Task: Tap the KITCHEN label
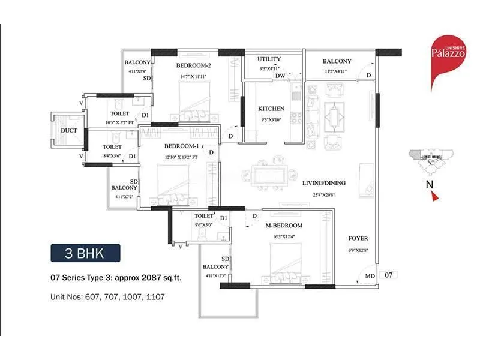pos(271,109)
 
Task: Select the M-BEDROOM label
pos(284,226)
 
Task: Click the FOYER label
pos(358,238)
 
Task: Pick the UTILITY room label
pos(269,59)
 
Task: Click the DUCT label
pos(68,130)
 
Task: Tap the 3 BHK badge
pos(85,253)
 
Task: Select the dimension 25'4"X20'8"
pos(319,195)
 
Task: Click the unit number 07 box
pos(388,275)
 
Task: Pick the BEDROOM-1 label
pos(181,146)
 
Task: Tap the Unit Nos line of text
pos(107,296)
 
